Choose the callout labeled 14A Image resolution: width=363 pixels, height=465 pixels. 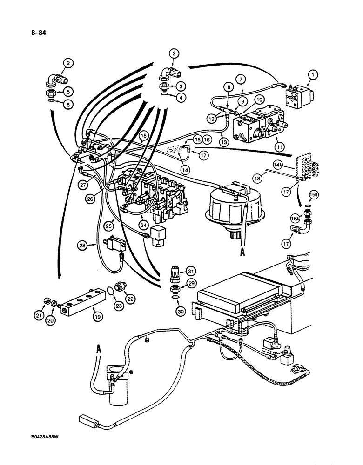click(291, 164)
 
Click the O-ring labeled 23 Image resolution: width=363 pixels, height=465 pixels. click(108, 291)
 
